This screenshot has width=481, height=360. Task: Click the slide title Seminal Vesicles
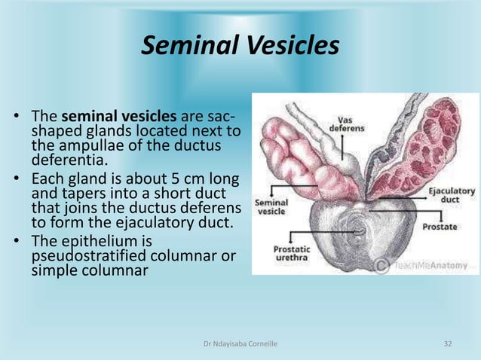tap(240, 47)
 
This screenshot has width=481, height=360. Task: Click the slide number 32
tap(448, 344)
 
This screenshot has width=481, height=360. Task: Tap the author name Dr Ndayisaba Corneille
tap(239, 344)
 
